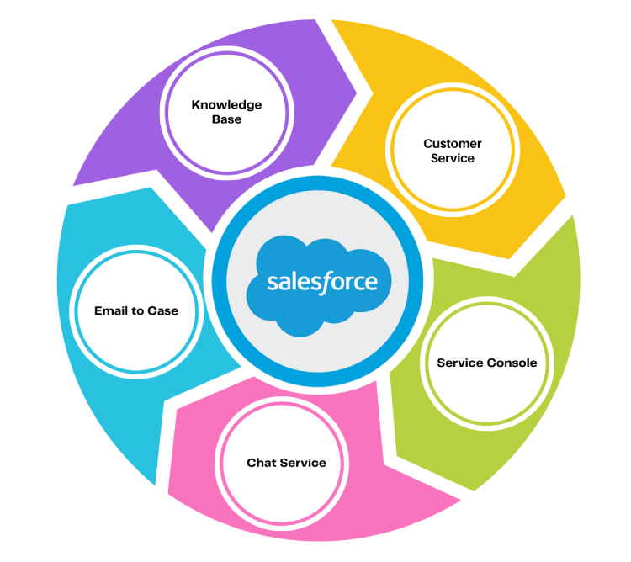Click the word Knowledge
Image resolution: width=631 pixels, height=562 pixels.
click(x=226, y=105)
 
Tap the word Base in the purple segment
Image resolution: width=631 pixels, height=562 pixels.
click(x=226, y=119)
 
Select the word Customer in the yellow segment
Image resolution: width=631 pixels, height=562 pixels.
click(x=453, y=144)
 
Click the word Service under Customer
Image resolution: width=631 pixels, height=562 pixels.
click(x=453, y=158)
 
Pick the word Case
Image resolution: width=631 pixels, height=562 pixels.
click(x=162, y=310)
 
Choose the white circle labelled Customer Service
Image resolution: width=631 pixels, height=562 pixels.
click(x=453, y=151)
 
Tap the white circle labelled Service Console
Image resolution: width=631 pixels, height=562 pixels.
click(x=486, y=363)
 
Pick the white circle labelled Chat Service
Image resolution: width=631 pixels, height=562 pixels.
click(x=286, y=463)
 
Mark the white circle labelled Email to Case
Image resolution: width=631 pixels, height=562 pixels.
click(x=136, y=310)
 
